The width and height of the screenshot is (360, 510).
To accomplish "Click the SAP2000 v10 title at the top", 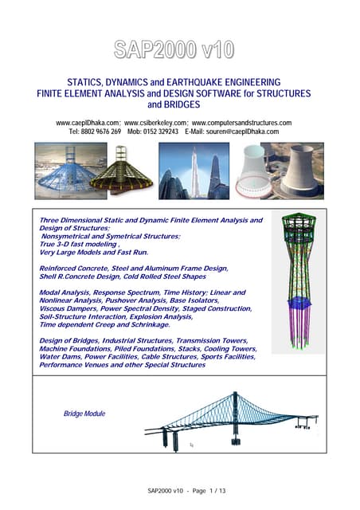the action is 174,49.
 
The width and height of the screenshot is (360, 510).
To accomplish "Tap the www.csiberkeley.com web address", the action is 155,123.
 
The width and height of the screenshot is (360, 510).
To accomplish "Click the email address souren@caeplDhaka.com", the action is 242,131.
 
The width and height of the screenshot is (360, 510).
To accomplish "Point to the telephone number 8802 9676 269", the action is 101,131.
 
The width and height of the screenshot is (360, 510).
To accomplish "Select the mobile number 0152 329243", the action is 161,131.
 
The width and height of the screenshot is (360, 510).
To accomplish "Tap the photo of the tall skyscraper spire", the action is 194,171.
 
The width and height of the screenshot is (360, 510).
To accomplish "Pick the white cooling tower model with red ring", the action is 253,171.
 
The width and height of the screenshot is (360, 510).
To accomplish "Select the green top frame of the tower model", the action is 299,226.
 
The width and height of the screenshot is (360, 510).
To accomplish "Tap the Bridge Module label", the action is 84,414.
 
